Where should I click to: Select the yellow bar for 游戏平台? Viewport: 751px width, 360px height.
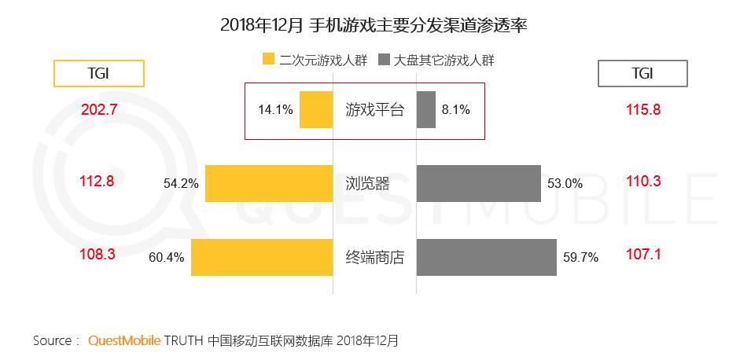coord(316,110)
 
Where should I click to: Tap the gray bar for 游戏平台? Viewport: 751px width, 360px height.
coord(425,110)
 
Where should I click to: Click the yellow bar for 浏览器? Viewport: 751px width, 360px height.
coord(268,183)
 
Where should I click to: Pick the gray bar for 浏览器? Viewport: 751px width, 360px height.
coord(478,183)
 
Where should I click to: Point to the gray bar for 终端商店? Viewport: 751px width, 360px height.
coord(486,257)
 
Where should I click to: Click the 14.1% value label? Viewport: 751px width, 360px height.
coord(275,110)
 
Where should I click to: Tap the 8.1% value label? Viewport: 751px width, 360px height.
coord(456,110)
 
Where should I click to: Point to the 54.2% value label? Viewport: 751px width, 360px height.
coord(181,184)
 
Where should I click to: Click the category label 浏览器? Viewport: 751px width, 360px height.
coord(367,184)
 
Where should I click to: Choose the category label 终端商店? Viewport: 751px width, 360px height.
coord(374,257)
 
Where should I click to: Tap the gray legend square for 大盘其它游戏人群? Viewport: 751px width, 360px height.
coord(385,60)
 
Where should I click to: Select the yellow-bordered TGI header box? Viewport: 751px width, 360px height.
coord(98,73)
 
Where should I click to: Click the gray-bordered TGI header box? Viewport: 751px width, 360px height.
coord(642,73)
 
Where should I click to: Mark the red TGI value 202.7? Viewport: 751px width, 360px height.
coord(99,110)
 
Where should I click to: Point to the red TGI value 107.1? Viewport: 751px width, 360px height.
coord(642,255)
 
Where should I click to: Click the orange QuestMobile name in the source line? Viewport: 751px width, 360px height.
coord(124,341)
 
